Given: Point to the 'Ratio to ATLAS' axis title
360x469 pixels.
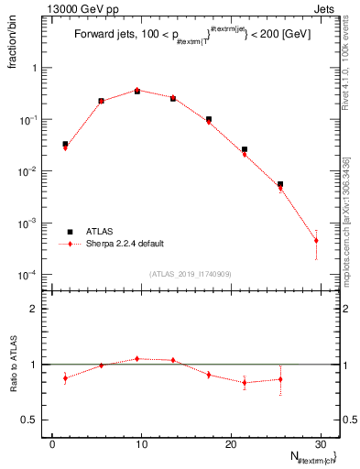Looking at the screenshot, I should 13,364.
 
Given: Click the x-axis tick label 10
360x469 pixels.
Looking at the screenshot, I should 140,443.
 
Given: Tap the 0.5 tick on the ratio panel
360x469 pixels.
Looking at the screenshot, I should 33,420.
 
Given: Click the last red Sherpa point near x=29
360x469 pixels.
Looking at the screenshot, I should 316,241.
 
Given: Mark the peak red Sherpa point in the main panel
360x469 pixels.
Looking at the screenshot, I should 136,90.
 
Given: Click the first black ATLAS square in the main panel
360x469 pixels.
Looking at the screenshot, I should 65,144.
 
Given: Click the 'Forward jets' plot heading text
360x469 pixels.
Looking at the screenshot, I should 109,37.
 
